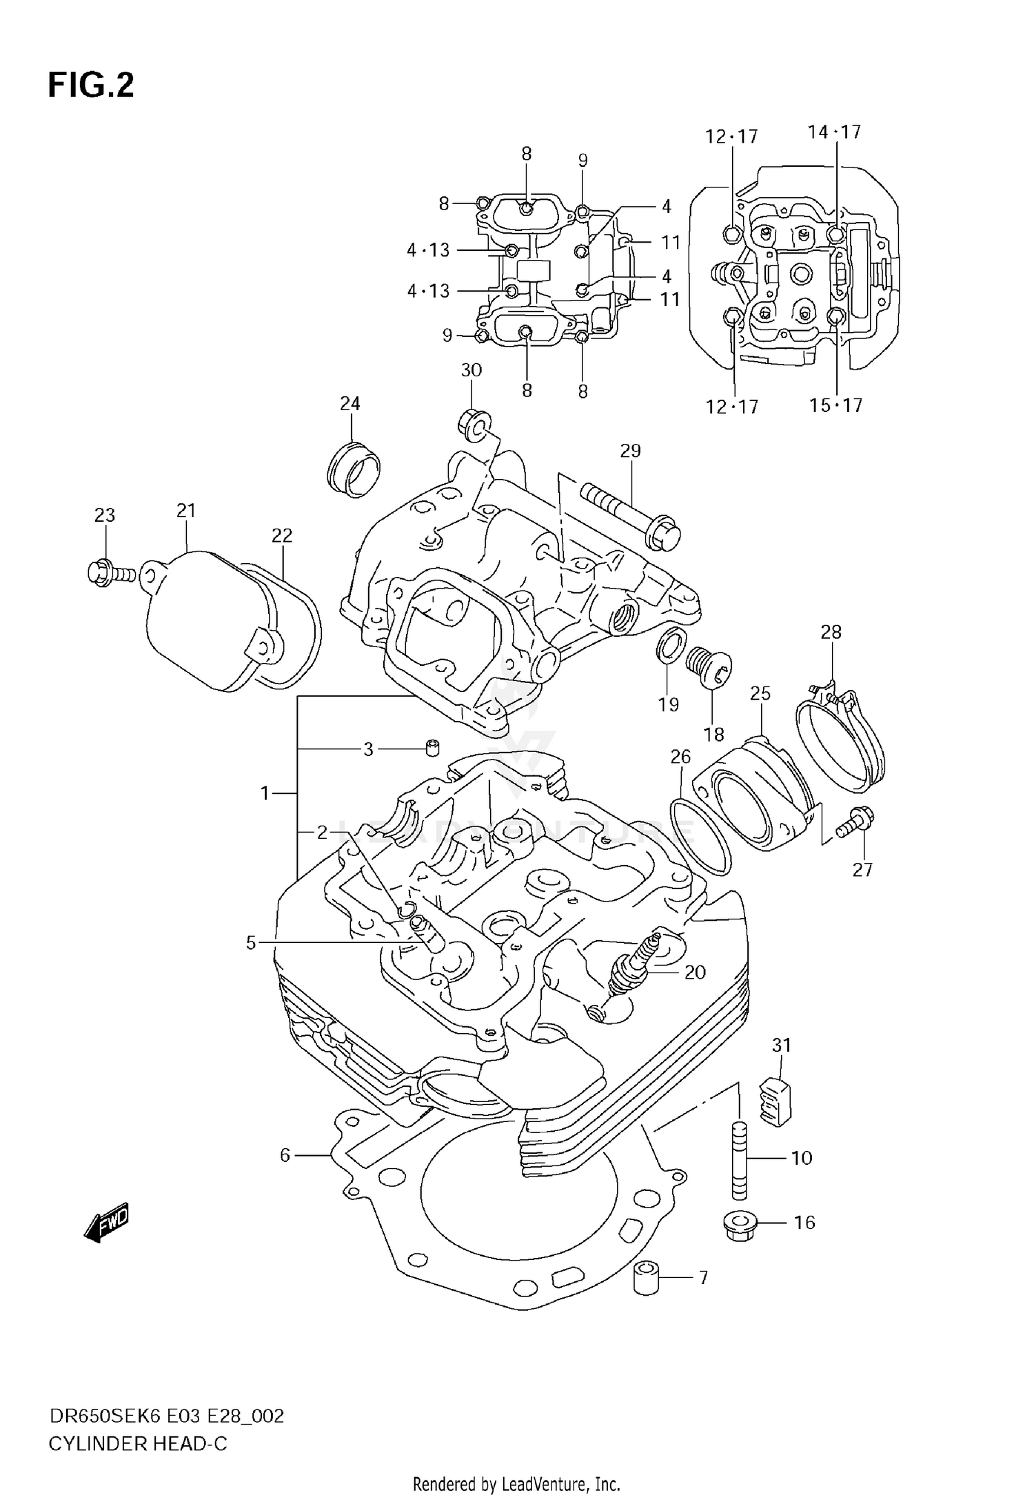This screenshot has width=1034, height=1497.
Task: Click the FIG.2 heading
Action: pos(90,86)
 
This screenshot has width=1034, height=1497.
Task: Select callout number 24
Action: pos(350,403)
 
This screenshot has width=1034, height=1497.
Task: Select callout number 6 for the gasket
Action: pos(285,1155)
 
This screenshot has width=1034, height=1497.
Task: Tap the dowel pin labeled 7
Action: pos(647,1279)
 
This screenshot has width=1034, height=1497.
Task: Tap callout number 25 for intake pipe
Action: pos(760,693)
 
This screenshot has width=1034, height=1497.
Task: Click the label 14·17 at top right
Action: pos(835,132)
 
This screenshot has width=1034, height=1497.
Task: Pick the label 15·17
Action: pos(835,405)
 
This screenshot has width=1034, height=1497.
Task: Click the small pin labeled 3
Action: pos(433,747)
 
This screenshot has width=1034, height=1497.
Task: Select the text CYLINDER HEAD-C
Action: pos(137,1444)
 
